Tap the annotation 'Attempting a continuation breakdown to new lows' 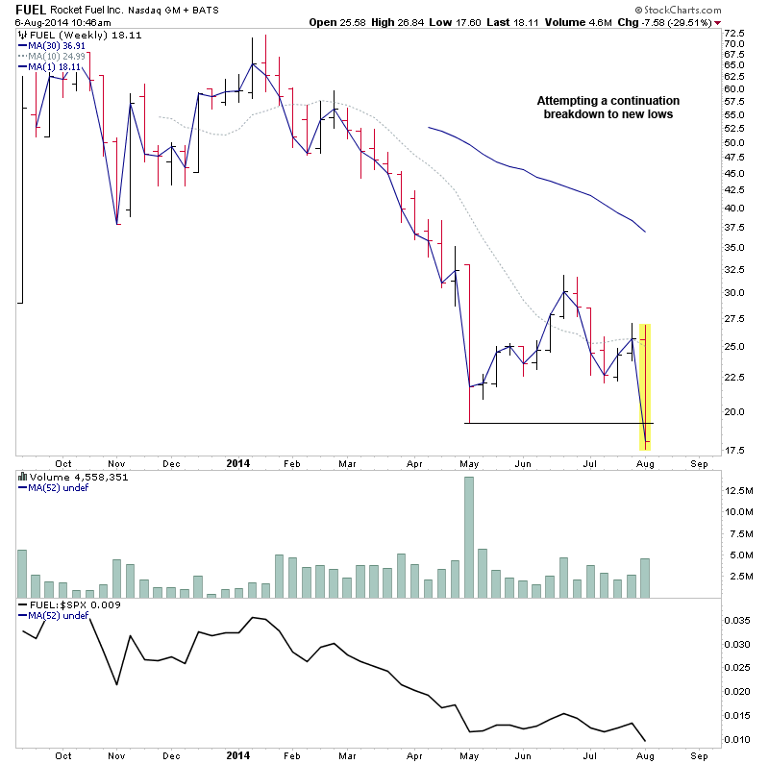pyautogui.click(x=607, y=108)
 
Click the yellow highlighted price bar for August pyautogui.click(x=645, y=385)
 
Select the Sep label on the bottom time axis pyautogui.click(x=699, y=756)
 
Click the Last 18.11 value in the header pyautogui.click(x=523, y=22)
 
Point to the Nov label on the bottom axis pyautogui.click(x=116, y=756)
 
